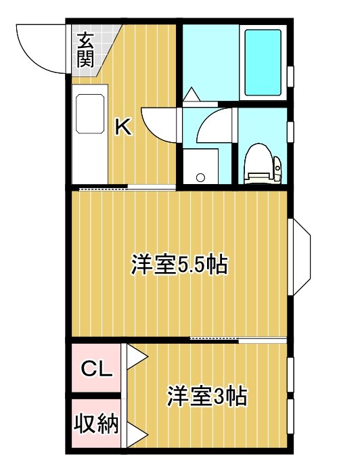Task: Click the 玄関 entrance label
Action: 85,50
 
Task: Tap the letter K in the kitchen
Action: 124,127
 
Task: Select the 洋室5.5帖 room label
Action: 179,265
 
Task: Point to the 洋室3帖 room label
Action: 207,396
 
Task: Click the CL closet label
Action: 97,369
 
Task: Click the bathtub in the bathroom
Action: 263,62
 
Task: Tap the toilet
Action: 263,164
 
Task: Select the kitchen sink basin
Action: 90,114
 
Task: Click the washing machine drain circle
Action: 200,177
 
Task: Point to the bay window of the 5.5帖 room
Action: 298,256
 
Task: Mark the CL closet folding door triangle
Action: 137,357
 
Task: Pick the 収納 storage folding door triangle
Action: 137,435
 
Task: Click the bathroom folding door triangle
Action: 192,94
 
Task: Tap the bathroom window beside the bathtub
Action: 290,76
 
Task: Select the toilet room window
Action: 290,131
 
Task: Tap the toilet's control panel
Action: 277,169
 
